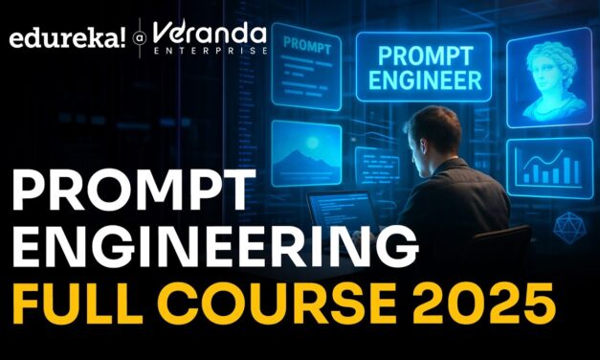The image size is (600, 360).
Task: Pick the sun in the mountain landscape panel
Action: point(315,145)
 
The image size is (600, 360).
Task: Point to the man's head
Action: point(425,135)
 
